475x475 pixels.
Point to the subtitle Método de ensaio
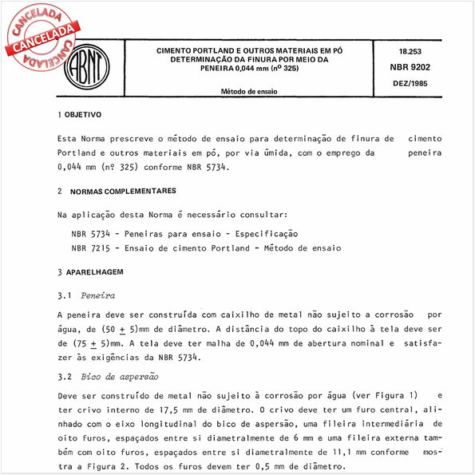tap(250, 92)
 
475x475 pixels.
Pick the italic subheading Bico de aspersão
tap(121, 376)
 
